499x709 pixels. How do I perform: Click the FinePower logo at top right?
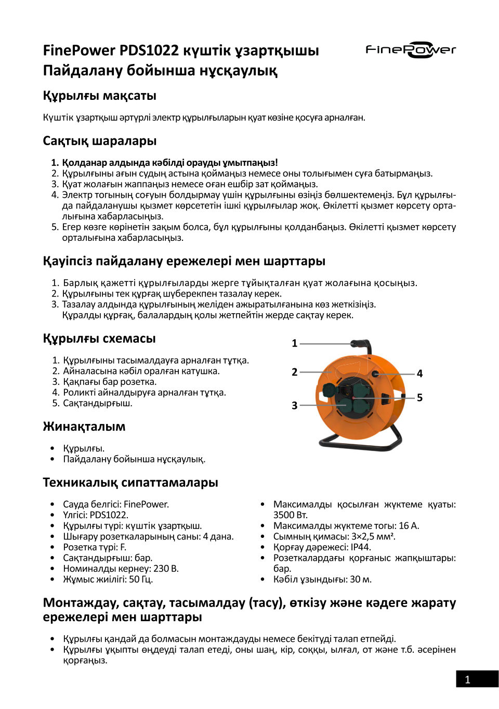click(x=411, y=50)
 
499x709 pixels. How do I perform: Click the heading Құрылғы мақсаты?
click(x=99, y=96)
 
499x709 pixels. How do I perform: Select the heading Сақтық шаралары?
click(x=99, y=141)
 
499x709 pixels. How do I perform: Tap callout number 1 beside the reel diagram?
click(x=295, y=343)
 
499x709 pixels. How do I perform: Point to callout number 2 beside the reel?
click(x=295, y=372)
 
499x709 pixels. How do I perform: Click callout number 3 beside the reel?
click(x=295, y=405)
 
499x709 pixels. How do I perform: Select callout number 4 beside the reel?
click(x=419, y=373)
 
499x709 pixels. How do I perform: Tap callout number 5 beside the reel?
click(x=419, y=397)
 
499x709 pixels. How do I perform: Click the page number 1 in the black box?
click(x=467, y=679)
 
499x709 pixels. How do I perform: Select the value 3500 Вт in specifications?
click(x=291, y=515)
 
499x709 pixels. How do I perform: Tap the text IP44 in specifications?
click(x=361, y=547)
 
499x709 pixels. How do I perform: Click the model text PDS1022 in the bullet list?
click(x=109, y=515)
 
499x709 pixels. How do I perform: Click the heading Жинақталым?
click(x=84, y=427)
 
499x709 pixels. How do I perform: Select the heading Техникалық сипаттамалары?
click(x=130, y=483)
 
